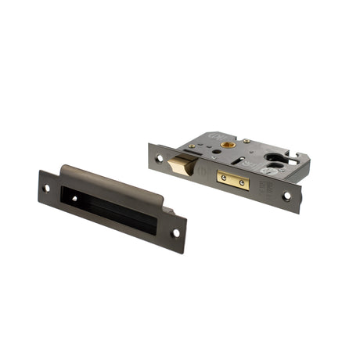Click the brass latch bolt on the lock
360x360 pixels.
coord(185,166)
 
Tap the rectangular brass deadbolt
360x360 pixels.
coord(233,182)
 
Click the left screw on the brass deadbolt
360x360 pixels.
coord(224,178)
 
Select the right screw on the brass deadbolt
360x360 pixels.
coord(241,185)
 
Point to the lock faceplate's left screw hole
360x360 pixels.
coord(160,157)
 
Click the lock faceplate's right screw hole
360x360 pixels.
coord(286,196)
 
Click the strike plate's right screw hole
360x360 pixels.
coord(175,232)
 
